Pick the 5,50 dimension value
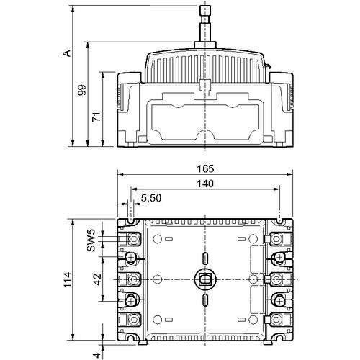pyautogui.click(x=150, y=197)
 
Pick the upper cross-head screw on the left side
pyautogui.click(x=131, y=258)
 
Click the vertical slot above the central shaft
pyautogui.click(x=205, y=258)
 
